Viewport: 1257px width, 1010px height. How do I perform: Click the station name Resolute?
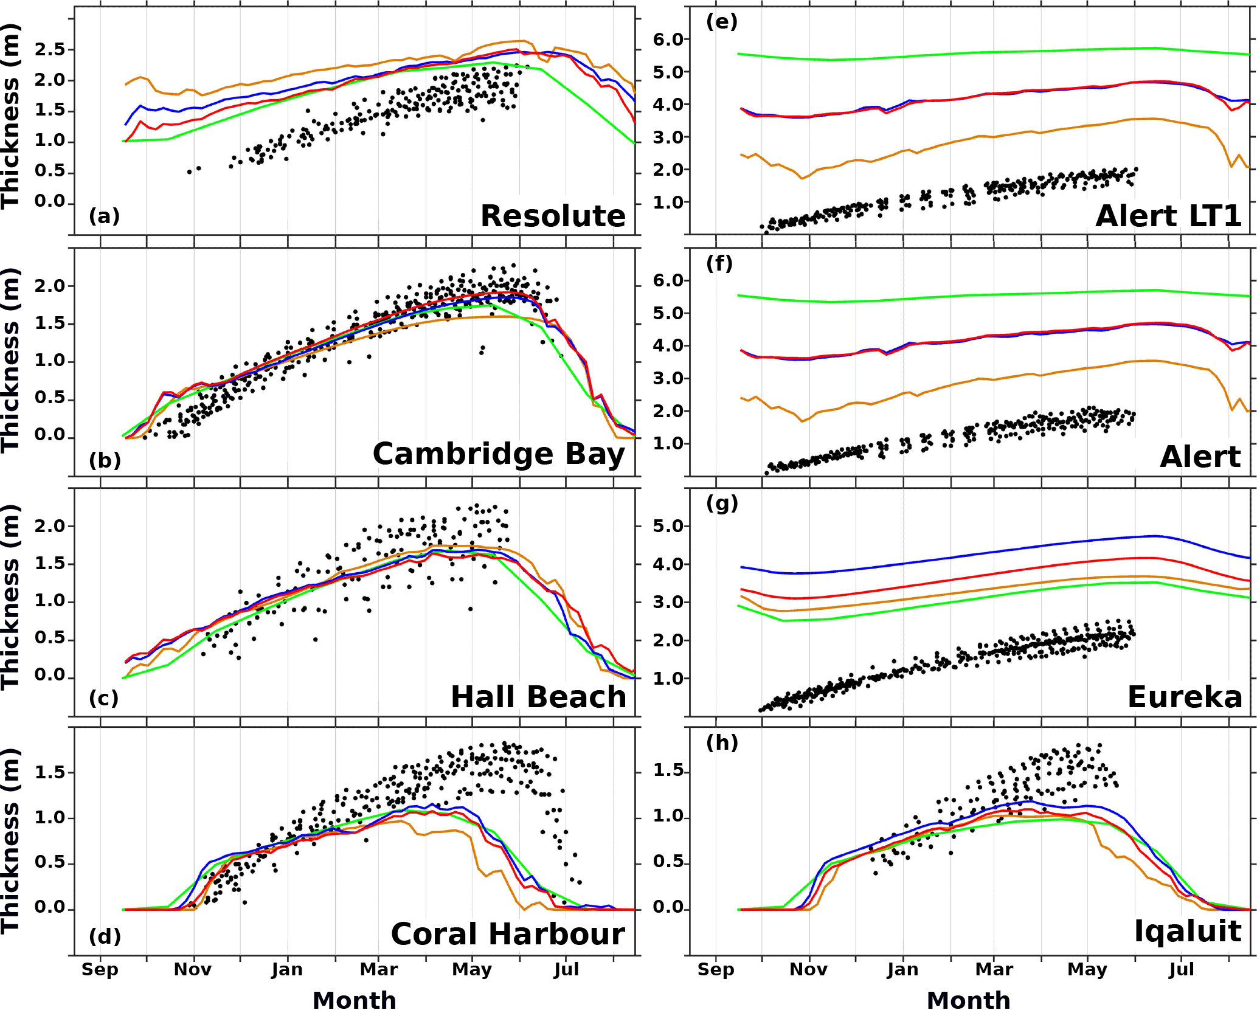(553, 216)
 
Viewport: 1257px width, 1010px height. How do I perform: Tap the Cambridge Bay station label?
(499, 454)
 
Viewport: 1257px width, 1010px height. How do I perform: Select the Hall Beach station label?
(538, 697)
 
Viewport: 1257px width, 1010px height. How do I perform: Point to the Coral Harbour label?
(508, 935)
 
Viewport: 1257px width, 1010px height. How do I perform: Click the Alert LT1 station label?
(1168, 216)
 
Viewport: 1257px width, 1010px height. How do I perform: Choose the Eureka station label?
(1185, 697)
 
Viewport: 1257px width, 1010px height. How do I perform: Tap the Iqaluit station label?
(1188, 932)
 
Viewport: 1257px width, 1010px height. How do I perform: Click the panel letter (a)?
(104, 216)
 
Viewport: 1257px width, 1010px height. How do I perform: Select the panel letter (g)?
(722, 503)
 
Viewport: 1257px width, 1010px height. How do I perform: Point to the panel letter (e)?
(722, 22)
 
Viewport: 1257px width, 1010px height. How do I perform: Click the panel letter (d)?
(105, 936)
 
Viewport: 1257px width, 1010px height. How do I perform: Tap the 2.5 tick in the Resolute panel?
(49, 49)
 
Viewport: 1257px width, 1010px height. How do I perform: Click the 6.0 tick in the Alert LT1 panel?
(668, 40)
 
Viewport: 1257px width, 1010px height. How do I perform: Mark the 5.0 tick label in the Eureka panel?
(668, 526)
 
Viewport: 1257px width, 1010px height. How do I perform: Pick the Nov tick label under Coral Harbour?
(193, 969)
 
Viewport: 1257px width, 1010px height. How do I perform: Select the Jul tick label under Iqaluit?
(1181, 969)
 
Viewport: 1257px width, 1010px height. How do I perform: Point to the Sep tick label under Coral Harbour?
(100, 969)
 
